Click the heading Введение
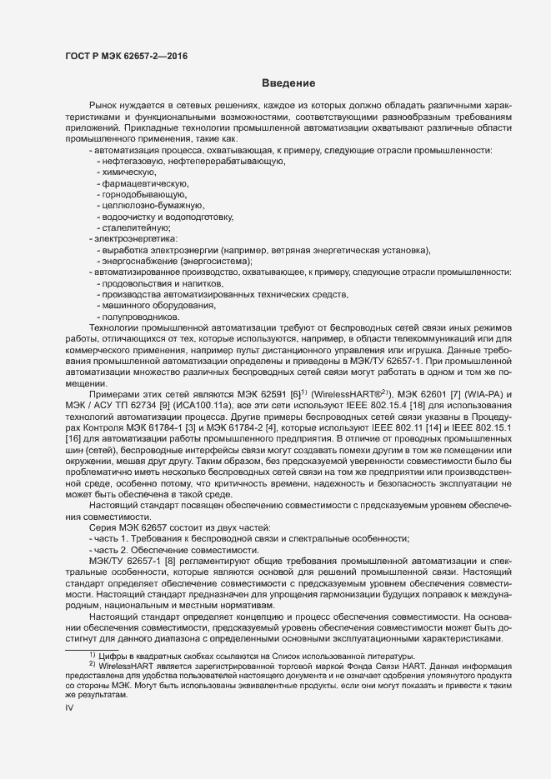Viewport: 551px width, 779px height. pos(288,83)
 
